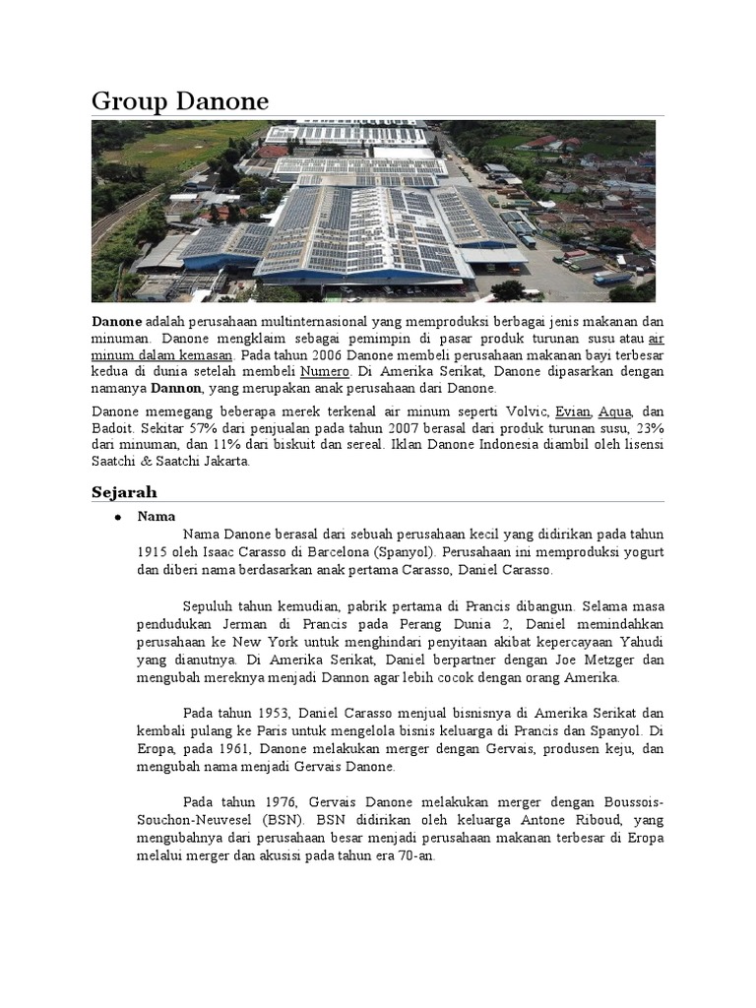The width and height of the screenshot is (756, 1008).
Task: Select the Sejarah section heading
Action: pos(124,491)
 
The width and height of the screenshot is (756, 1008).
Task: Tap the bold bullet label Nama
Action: pos(157,516)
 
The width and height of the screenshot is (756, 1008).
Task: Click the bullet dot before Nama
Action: pos(117,517)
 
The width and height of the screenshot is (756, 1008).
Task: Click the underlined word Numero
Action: pos(325,371)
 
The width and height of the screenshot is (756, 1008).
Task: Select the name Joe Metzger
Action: pos(568,661)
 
